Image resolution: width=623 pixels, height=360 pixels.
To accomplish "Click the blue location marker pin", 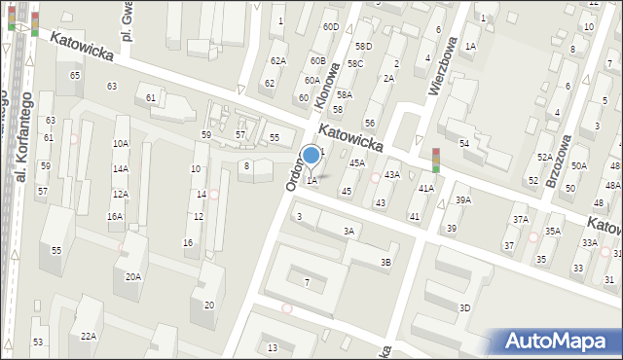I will point(311,156).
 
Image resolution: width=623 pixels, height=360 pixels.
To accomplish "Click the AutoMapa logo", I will point(560,342).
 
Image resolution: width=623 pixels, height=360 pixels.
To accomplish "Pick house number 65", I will point(75,75).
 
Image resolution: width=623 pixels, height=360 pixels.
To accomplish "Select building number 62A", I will point(278,61).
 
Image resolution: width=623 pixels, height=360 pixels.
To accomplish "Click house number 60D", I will point(331,26).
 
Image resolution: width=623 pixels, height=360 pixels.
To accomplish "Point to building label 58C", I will point(356,63).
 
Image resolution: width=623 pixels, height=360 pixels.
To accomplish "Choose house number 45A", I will point(357,163).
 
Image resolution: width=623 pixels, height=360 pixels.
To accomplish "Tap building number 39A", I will point(463,200).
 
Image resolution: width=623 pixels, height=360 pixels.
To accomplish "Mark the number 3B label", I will point(386,262).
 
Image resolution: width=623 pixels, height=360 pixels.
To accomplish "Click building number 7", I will point(307,283).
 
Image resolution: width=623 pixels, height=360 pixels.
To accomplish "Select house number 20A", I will point(132,276).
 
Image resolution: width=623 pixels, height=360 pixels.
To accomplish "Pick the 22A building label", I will point(89,336).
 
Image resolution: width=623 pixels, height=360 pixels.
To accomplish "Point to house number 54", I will point(464,144).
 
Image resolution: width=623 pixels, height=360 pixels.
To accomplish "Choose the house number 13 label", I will point(273,347).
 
